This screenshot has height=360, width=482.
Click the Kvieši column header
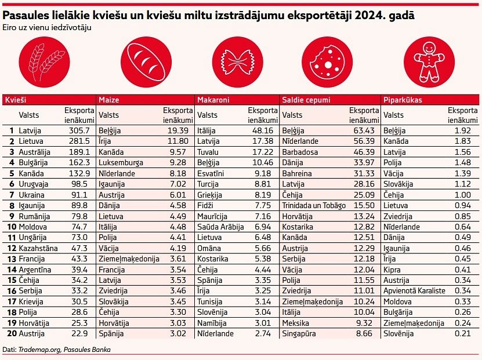click(x=16, y=100)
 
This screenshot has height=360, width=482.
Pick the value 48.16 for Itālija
click(x=262, y=131)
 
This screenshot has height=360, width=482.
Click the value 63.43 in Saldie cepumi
click(x=363, y=131)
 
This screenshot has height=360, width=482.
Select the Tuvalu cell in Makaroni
click(x=210, y=152)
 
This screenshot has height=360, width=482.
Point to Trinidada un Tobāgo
click(x=314, y=205)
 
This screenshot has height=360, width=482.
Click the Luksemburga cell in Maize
click(x=121, y=163)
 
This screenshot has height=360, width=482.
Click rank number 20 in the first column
click(x=10, y=333)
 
